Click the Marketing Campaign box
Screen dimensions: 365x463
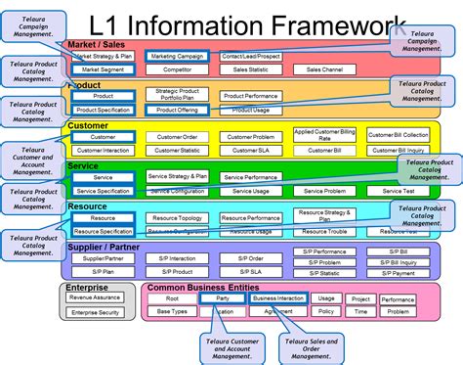coord(176,56)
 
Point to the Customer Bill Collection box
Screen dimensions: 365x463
coord(401,135)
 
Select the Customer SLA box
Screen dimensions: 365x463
coord(249,150)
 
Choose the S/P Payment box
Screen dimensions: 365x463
coord(400,272)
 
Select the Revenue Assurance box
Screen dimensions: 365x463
coord(95,297)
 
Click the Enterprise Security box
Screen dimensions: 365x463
coord(95,311)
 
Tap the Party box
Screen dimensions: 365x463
coord(224,297)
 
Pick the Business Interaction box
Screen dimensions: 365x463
coord(278,297)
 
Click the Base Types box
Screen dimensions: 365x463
coord(173,311)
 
